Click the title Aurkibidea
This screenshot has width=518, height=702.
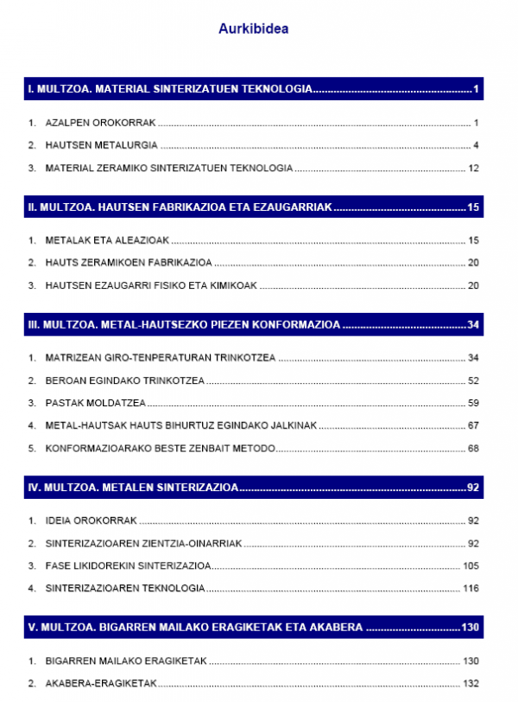[253, 29]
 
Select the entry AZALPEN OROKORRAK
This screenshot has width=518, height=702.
[100, 123]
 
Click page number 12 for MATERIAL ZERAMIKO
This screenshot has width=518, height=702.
[472, 168]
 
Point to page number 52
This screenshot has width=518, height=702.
[472, 380]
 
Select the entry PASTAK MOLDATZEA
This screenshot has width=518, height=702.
[95, 403]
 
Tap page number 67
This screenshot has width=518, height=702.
[472, 425]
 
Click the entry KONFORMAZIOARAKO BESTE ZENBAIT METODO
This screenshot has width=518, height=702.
[160, 448]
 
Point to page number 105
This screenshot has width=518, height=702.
[470, 565]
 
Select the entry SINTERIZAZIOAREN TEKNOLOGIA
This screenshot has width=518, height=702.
[125, 588]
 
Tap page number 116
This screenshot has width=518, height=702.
[470, 588]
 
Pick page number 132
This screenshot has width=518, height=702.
[470, 683]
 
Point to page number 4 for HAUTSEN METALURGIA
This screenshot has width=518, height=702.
[476, 145]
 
